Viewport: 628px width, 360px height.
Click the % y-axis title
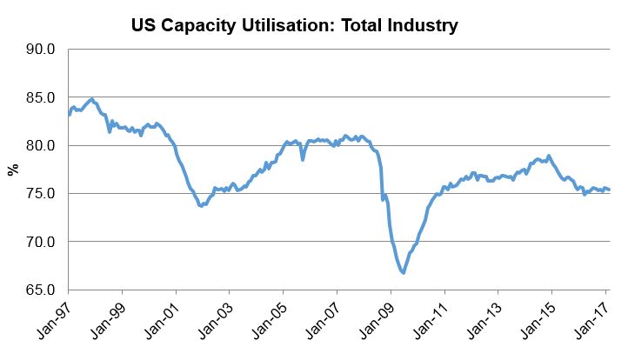pos(13,170)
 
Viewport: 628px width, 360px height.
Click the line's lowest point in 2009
pos(404,273)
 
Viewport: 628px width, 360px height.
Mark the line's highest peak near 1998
pos(91,99)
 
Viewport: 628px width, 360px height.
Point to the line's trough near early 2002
pos(201,206)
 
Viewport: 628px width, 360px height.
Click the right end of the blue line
pos(609,190)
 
